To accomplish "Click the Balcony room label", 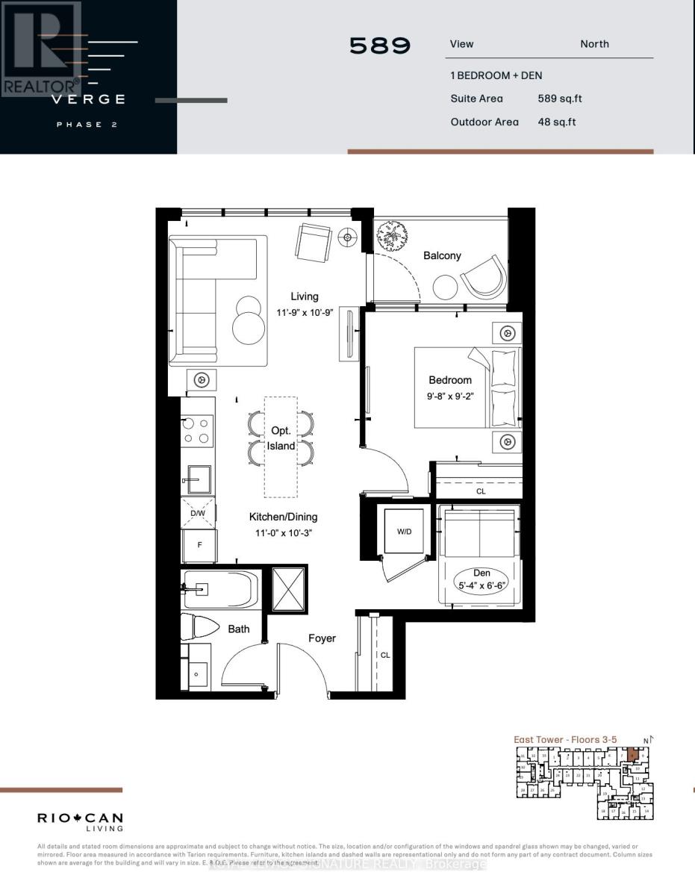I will coord(442,255).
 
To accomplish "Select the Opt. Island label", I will coord(281,439).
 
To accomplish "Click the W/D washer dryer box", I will coord(403,532).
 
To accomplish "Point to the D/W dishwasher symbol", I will coord(198,513).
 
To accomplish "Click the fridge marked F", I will coord(199,545).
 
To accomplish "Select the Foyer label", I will coord(322,638).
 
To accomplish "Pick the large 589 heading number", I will coord(380,46).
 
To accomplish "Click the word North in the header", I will coord(594,44).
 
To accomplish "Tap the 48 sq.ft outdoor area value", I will coord(557,122).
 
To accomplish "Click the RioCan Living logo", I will coord(80,821).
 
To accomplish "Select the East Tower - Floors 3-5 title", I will coord(565,739).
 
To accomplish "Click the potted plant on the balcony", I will coord(393,238).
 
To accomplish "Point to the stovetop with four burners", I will coord(198,430).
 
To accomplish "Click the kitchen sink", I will coord(199,479).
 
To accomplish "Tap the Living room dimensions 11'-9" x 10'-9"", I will coord(304,313).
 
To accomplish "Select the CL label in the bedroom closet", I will coord(481,492).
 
